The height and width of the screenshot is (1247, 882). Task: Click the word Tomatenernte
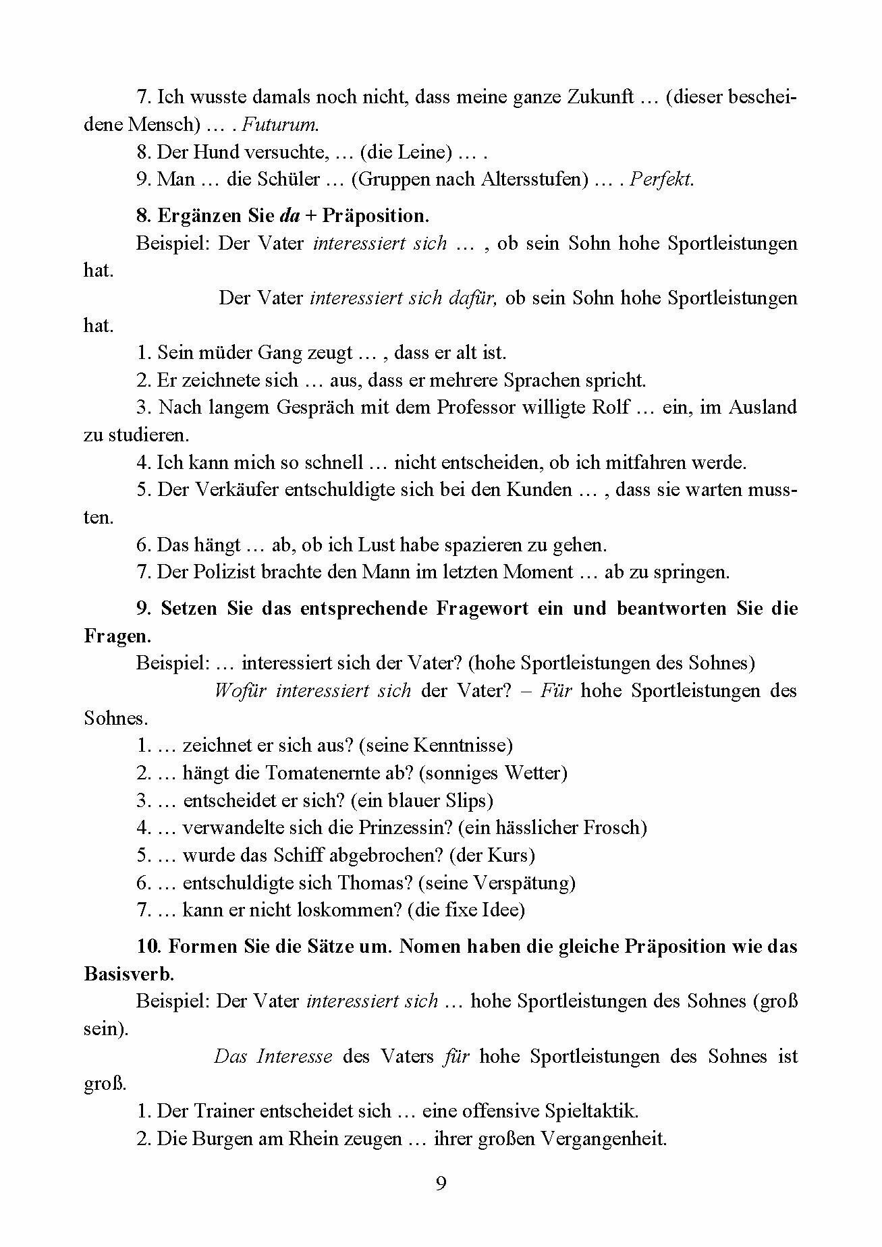click(x=320, y=773)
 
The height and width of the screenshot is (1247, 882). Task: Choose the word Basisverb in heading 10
click(x=128, y=974)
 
